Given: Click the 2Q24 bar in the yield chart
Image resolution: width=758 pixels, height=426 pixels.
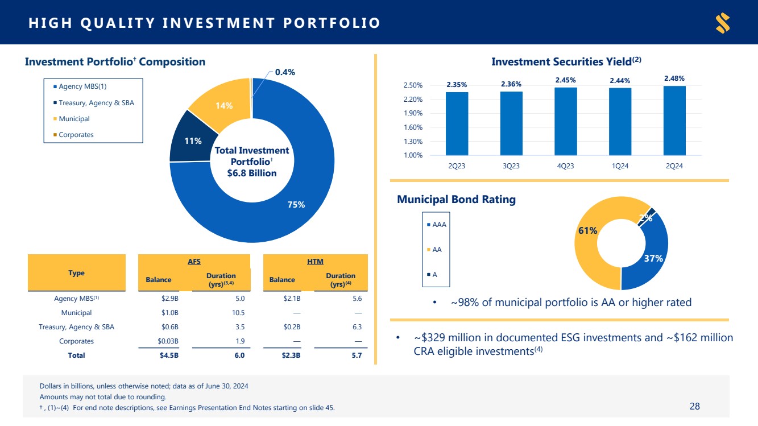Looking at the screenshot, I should (x=674, y=121).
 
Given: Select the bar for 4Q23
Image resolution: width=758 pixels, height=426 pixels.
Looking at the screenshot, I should (x=565, y=121).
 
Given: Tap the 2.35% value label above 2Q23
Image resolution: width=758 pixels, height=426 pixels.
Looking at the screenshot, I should (x=457, y=85).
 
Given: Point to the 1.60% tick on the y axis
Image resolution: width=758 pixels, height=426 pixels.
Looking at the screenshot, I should (x=413, y=127).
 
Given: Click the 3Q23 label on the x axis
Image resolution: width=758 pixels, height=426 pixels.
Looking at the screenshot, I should (x=511, y=166).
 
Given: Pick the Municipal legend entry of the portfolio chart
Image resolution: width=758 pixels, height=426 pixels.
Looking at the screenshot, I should (x=74, y=119).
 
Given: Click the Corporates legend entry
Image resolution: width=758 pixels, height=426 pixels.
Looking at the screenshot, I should (x=76, y=135).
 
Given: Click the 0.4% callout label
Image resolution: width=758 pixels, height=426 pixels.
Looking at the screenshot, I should (x=285, y=72).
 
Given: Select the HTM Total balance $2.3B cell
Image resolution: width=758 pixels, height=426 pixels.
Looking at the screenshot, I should (x=287, y=355).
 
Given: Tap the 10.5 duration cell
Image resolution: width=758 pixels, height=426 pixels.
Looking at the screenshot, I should (x=239, y=313).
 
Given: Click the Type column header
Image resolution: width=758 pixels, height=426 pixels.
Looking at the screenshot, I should (x=76, y=273).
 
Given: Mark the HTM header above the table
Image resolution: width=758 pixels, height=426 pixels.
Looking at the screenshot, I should (x=315, y=261).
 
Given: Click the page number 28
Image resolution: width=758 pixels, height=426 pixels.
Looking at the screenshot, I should (x=694, y=406).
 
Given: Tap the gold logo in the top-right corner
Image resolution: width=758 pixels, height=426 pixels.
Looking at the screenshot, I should (x=723, y=23).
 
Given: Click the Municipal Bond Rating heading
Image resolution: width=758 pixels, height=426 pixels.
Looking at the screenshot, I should (x=456, y=200).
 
